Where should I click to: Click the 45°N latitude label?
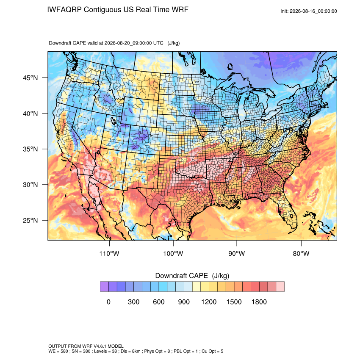pos(30,78)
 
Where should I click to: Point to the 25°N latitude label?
pos(30,220)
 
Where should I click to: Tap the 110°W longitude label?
pos(109,253)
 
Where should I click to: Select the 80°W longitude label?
pos(301,253)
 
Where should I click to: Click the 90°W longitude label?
pos(237,253)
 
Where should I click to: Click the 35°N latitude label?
pos(30,149)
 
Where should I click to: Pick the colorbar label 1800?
pos(259,302)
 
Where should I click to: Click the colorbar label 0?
pos(108,302)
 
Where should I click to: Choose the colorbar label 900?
pos(184,302)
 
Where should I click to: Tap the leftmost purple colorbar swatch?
pos(104,287)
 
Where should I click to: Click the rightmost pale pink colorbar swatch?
pos(280,287)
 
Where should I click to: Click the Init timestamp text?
pos(309,11)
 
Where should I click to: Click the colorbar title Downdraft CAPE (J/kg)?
pos(192,276)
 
